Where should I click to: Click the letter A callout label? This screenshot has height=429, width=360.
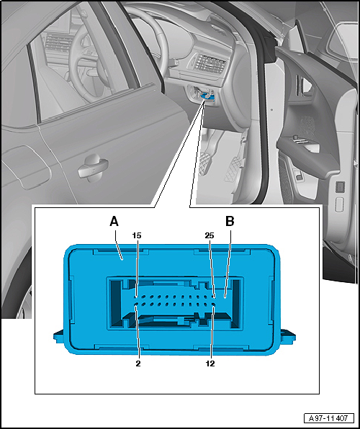tap(114, 222)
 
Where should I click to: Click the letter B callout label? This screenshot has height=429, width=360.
tap(230, 222)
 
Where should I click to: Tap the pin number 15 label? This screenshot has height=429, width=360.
tap(137, 235)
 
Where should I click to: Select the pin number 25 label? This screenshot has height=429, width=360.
tap(210, 235)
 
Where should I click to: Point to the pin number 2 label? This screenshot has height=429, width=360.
tap(138, 363)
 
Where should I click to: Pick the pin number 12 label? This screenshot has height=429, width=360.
tap(210, 363)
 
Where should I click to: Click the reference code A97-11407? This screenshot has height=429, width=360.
tap(329, 418)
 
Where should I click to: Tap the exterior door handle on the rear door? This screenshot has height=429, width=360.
tap(93, 168)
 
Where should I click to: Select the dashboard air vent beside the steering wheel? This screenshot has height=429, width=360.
tap(209, 62)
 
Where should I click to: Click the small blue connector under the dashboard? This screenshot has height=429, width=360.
tap(205, 96)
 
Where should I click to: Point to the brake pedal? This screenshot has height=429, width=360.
tap(204, 163)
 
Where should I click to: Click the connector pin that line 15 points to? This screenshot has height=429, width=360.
tap(136, 297)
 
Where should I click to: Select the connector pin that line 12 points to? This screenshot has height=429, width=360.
tap(214, 304)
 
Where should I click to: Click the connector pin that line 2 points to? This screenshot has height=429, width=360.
tap(136, 304)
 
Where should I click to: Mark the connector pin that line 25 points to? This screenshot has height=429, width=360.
tap(214, 297)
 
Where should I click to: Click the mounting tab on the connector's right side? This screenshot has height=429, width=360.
tap(288, 336)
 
